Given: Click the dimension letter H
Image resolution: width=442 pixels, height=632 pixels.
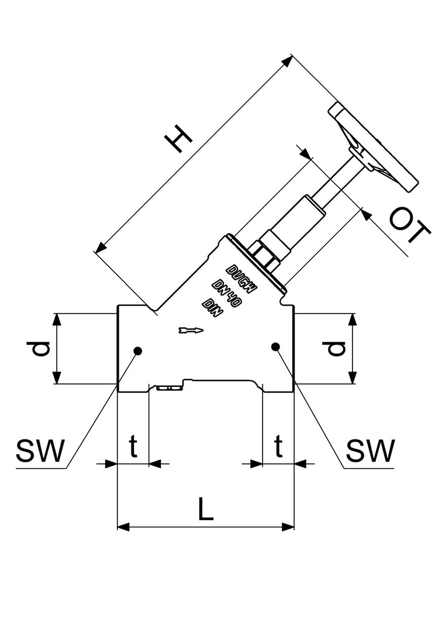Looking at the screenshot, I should tap(179, 141).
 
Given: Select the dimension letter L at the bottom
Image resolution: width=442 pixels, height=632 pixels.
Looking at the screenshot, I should tap(205, 510).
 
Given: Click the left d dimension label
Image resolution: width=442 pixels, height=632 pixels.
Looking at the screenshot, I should tap(40, 349).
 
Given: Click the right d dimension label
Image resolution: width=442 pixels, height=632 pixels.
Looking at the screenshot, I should tap(334, 349).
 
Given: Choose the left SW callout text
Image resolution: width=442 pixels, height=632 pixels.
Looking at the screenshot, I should tap(40, 451).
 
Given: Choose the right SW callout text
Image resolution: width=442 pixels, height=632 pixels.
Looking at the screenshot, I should tap(370, 451).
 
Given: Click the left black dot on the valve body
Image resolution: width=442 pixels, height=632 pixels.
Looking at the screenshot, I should tap(138, 351).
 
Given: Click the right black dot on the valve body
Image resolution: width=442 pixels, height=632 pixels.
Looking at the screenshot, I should tap(275, 347).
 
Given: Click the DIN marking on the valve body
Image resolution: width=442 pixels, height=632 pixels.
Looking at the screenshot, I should tap(213, 308).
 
